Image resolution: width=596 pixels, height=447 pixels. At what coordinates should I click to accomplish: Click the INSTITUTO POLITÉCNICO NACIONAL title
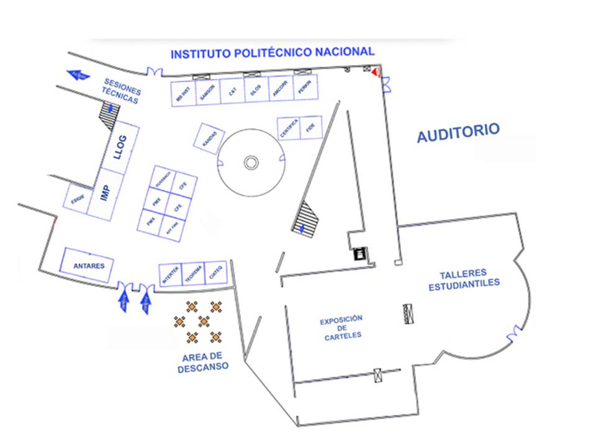tap(273, 53)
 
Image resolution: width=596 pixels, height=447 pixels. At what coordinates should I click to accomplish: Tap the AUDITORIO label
tap(458, 132)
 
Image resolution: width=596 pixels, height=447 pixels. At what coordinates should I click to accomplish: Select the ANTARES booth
tap(86, 265)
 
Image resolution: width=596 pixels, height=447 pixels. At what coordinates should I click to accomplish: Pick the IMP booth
tap(104, 193)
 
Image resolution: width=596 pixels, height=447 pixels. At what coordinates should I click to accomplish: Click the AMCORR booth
tap(280, 89)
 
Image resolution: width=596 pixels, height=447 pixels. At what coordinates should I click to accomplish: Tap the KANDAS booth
tap(209, 137)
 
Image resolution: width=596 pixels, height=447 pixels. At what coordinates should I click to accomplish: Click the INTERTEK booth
tap(171, 275)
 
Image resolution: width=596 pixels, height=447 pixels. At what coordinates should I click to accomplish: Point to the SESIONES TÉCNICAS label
tap(122, 91)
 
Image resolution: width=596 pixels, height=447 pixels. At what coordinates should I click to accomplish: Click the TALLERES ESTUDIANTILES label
tap(464, 279)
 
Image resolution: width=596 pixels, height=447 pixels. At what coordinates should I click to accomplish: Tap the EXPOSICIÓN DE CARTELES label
tap(341, 328)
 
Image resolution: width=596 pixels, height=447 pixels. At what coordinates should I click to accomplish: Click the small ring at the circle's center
tap(250, 163)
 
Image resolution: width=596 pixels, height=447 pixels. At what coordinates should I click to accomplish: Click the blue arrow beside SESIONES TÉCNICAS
tap(78, 75)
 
